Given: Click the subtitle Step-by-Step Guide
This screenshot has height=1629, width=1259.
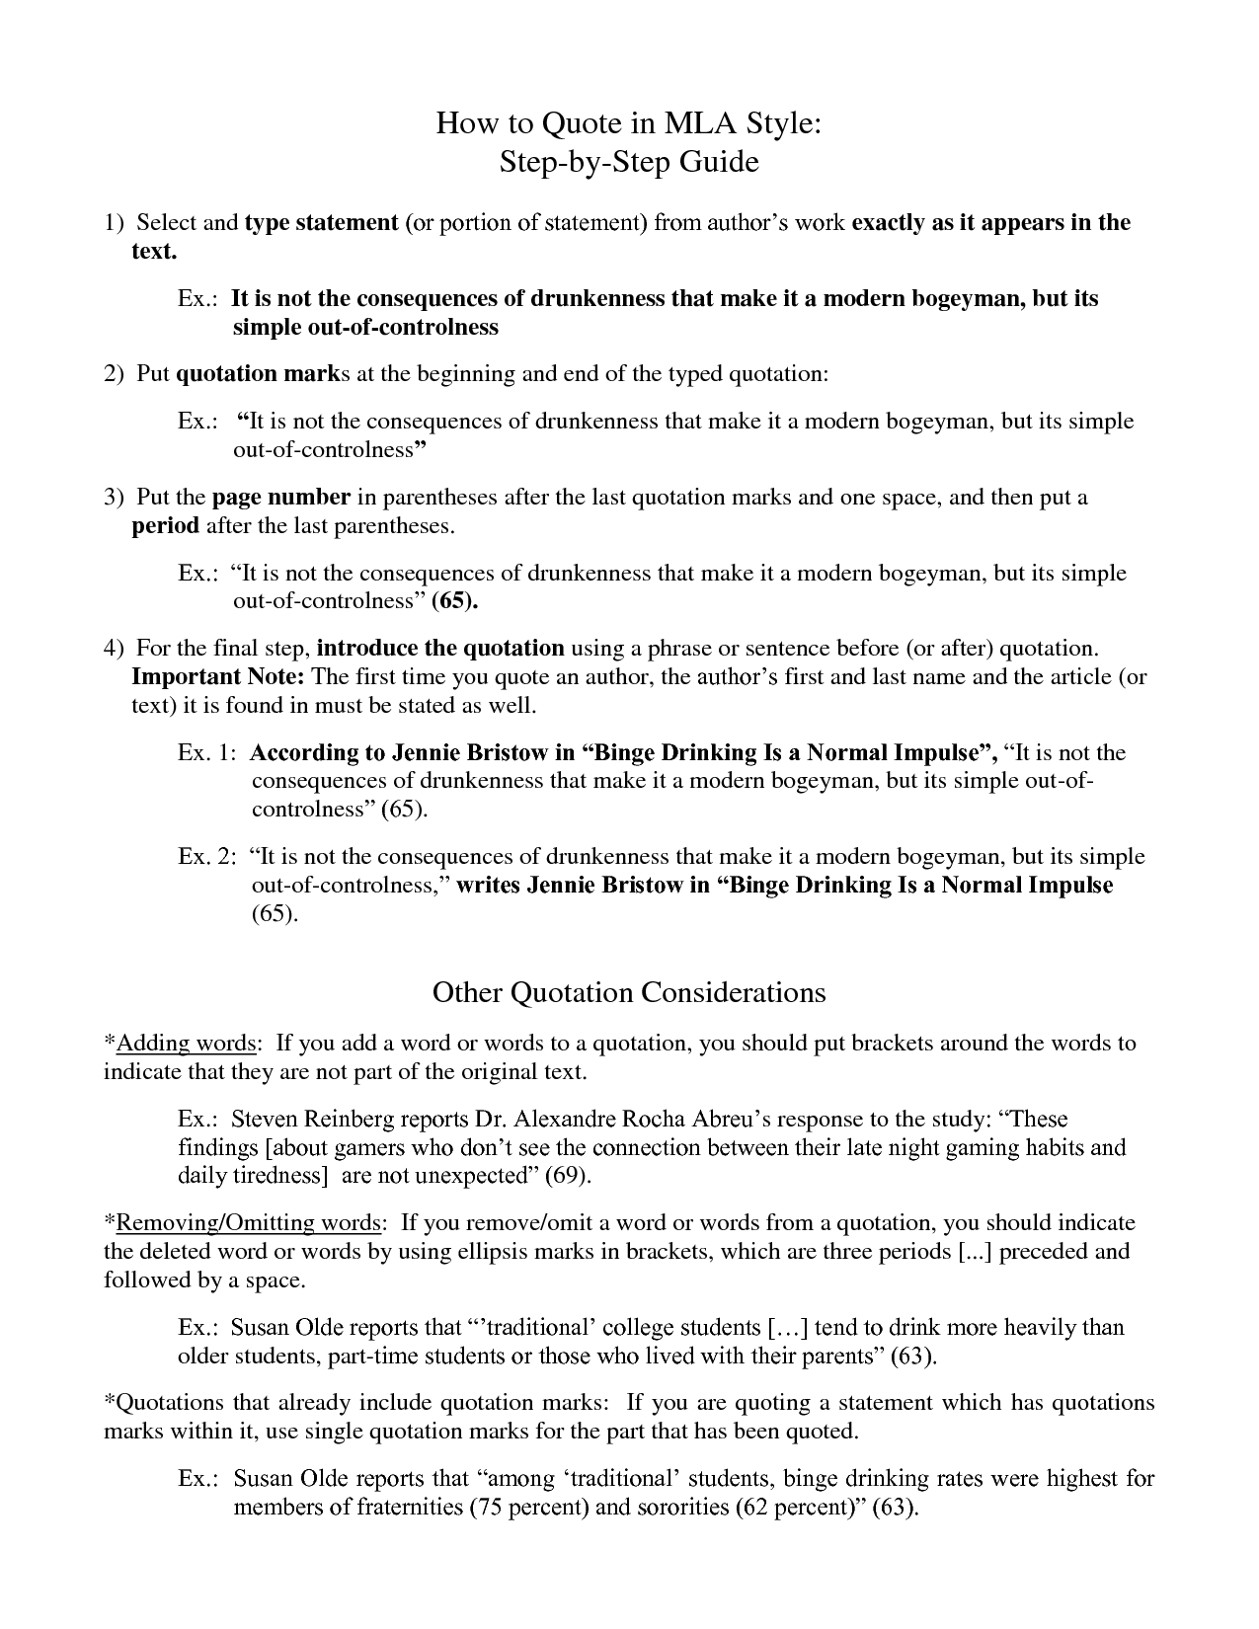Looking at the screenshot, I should tap(629, 161).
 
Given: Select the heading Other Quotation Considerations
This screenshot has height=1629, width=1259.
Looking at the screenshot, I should tap(629, 992).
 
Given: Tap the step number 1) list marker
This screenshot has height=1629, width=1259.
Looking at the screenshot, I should tap(114, 223).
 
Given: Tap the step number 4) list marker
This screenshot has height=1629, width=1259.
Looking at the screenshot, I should tap(114, 649).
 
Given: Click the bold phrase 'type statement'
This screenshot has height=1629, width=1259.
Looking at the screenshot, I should tap(321, 223).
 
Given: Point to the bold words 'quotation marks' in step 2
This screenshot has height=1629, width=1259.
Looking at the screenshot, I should tap(267, 374).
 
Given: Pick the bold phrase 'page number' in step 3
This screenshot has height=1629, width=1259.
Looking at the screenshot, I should tap(281, 497).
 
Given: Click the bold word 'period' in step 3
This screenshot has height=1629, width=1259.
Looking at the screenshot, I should tap(166, 525).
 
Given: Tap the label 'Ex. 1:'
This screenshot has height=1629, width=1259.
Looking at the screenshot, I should tap(206, 753).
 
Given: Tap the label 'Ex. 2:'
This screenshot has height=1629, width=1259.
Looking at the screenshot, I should tap(206, 856).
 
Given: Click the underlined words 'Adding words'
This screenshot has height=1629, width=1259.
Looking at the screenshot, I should tap(187, 1044).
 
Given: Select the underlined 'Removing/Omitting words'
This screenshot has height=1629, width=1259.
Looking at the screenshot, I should tap(249, 1223).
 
